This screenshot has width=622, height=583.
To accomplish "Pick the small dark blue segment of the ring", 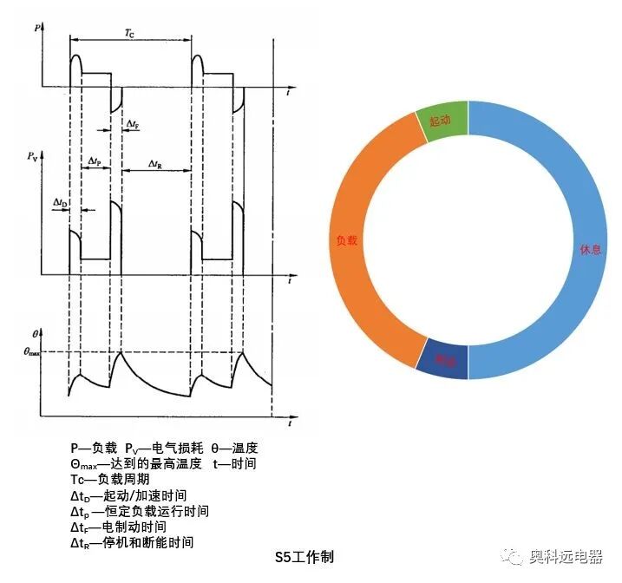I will point(444,359).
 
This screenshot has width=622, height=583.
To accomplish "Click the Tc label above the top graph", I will point(129,33).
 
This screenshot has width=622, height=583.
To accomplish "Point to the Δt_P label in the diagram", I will point(95,162).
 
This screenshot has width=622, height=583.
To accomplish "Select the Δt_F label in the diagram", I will point(133,125).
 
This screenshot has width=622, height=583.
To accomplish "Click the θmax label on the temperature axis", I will point(32,351).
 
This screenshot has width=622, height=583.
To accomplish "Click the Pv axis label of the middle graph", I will point(33,157).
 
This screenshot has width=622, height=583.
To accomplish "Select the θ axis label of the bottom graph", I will point(34,333).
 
